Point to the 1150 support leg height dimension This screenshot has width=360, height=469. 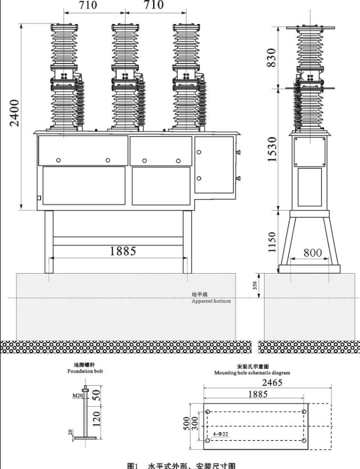pyautogui.click(x=272, y=242)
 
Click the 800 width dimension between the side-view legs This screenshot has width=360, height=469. pyautogui.click(x=313, y=253)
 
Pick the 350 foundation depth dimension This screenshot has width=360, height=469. pyautogui.click(x=255, y=285)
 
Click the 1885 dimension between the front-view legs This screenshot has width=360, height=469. pyautogui.click(x=123, y=251)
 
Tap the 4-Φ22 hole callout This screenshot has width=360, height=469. pyautogui.click(x=220, y=435)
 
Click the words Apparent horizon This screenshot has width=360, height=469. pyautogui.click(x=211, y=301)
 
